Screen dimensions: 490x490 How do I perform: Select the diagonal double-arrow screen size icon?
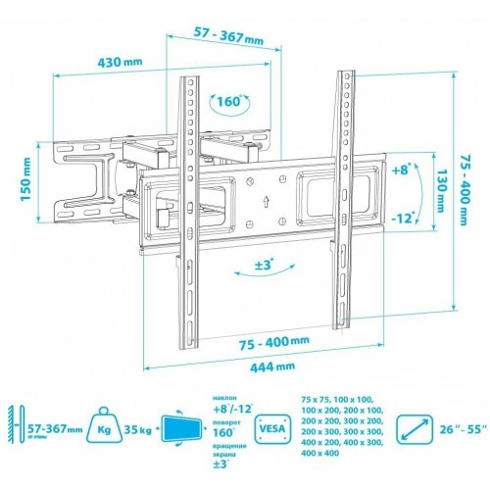tap(416, 429)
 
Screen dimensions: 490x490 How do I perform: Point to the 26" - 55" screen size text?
tap(462, 429)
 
